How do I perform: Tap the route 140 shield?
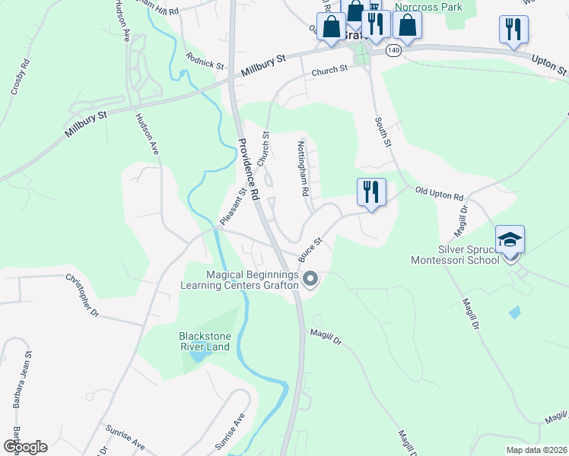click(x=393, y=50)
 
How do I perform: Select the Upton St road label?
click(x=549, y=65)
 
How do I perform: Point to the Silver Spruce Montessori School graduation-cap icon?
click(x=510, y=239)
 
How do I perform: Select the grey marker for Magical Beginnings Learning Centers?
click(x=310, y=280)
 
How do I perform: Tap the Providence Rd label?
click(x=248, y=169)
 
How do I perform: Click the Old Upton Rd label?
click(x=439, y=195)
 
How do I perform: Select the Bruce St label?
click(x=311, y=249)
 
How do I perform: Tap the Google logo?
click(x=26, y=446)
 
